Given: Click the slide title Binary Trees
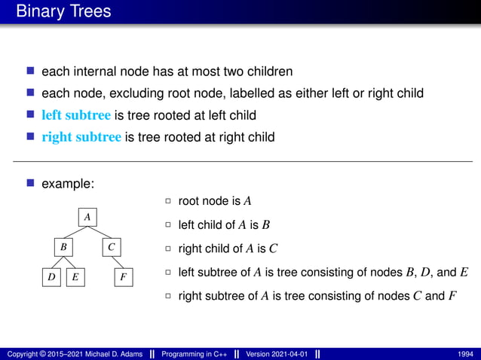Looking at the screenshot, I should [x=63, y=11].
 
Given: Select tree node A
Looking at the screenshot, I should [x=87, y=217].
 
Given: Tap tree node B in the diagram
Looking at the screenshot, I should [x=64, y=246].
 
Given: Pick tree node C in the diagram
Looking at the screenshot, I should [x=111, y=246].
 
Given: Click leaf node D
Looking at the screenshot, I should [x=51, y=277].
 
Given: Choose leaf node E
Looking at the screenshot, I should [x=75, y=277].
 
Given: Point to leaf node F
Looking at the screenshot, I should [x=124, y=277].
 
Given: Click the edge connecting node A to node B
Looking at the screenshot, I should [x=76, y=231].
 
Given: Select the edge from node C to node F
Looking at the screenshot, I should [x=118, y=261].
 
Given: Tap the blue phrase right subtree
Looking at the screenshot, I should [x=81, y=137].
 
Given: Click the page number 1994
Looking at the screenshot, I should [x=466, y=353].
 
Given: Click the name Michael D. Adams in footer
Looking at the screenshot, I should [x=111, y=353].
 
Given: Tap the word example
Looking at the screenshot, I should [x=67, y=183].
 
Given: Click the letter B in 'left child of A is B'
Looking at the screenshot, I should [x=265, y=225].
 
